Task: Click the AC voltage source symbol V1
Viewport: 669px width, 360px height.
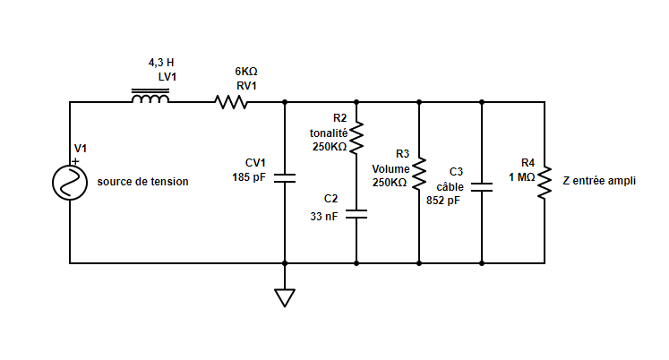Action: click(70, 183)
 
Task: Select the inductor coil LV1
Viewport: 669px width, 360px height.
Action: click(150, 99)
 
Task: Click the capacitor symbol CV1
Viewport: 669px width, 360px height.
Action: click(285, 177)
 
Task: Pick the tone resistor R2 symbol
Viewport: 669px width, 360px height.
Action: click(356, 137)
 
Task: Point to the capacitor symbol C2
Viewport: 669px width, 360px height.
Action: click(356, 215)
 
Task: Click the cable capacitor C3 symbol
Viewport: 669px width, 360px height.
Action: click(482, 187)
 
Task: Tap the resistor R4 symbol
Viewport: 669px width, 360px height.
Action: click(544, 183)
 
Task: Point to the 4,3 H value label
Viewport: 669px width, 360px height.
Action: click(161, 64)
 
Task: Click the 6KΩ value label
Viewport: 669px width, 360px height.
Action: click(246, 72)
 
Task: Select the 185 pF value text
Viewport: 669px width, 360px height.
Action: click(248, 177)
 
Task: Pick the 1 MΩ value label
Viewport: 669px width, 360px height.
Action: click(522, 177)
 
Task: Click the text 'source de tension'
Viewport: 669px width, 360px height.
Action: click(143, 182)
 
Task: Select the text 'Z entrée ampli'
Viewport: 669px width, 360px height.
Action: click(599, 180)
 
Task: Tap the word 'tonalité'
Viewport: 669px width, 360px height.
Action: click(329, 133)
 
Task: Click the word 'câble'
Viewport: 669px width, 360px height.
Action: click(450, 186)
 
